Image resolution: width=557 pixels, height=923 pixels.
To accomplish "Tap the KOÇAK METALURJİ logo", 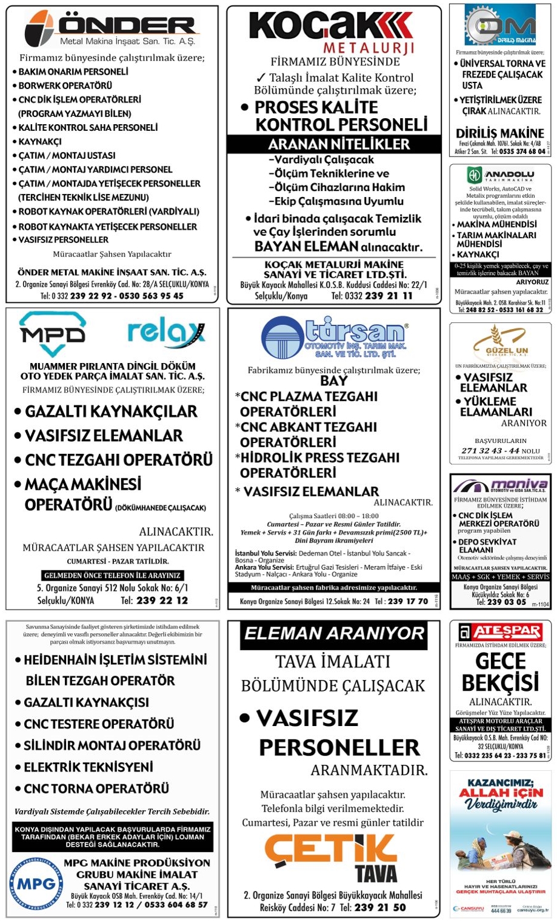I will coord(332,32).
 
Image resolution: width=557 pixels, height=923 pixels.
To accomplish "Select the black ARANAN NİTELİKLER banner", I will coord(334,144).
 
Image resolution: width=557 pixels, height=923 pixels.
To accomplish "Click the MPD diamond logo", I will coord(53,334).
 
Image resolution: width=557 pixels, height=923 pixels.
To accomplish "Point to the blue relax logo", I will coord(165,334).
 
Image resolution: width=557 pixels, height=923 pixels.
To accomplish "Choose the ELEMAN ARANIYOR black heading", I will coord(334,634).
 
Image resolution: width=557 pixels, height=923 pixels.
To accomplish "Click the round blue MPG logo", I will coord(36,884).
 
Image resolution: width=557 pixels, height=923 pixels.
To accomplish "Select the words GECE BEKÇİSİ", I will coord(500,671).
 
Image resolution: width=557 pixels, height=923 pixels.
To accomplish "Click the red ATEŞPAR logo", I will coord(500,631).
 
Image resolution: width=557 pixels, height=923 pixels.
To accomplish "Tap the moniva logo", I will coord(501,486).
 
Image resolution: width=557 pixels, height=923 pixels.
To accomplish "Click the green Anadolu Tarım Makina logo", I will coord(501,175).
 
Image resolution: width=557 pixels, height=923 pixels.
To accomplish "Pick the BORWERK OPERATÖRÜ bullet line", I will coord(65,85).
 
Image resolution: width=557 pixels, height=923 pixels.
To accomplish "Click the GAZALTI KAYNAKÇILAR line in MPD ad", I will coord(111,412).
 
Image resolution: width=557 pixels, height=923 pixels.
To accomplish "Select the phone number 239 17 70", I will coord(407,602).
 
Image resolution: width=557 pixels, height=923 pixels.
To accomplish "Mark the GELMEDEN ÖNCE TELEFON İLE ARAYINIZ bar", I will coord(112,575).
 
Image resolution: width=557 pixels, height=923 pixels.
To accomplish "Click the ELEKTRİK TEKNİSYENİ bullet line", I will coord(88,767).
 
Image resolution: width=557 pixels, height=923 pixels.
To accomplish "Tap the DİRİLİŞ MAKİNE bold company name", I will coord(500,133).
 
